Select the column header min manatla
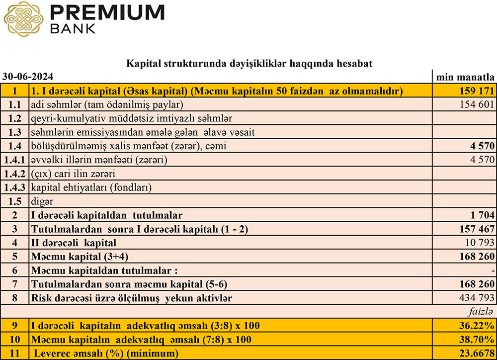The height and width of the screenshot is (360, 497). (x=465, y=77)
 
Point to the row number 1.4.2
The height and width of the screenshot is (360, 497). (x=15, y=174)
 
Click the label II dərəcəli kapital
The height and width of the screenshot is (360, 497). (x=74, y=243)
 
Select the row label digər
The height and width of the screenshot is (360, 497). (x=42, y=202)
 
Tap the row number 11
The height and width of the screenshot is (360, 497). (x=15, y=354)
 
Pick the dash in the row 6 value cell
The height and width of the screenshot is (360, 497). (x=493, y=271)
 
